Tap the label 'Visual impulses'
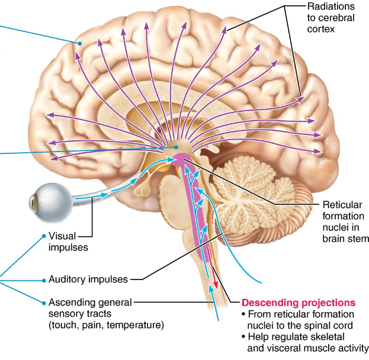(69, 241)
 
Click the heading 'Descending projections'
(299, 302)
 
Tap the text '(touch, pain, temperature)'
(106, 324)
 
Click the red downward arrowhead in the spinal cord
(216, 286)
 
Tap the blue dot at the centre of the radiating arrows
(176, 146)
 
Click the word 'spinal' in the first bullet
(328, 324)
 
